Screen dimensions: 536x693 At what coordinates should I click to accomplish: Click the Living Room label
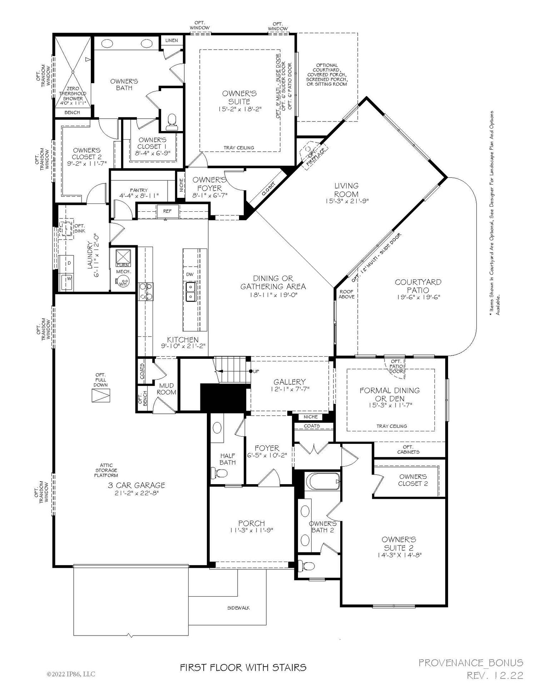pyautogui.click(x=346, y=190)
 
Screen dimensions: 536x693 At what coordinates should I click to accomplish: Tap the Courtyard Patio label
pyautogui.click(x=418, y=286)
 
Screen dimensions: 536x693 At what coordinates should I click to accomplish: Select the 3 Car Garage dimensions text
pyautogui.click(x=136, y=493)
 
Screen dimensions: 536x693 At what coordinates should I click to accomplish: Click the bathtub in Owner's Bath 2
pyautogui.click(x=323, y=481)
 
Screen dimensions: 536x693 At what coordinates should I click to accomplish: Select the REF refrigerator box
pyautogui.click(x=167, y=211)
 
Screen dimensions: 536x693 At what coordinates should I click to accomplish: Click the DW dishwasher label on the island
pyautogui.click(x=190, y=275)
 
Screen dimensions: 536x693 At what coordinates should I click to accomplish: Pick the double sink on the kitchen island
pyautogui.click(x=190, y=291)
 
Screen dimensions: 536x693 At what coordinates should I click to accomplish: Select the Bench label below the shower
pyautogui.click(x=72, y=112)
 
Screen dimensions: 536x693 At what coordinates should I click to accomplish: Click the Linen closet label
pyautogui.click(x=172, y=40)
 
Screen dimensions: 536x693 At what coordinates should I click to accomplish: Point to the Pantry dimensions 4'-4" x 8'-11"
pyautogui.click(x=139, y=196)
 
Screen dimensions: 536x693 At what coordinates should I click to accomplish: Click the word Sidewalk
pyautogui.click(x=238, y=608)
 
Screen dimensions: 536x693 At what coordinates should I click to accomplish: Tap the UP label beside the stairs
pyautogui.click(x=256, y=371)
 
